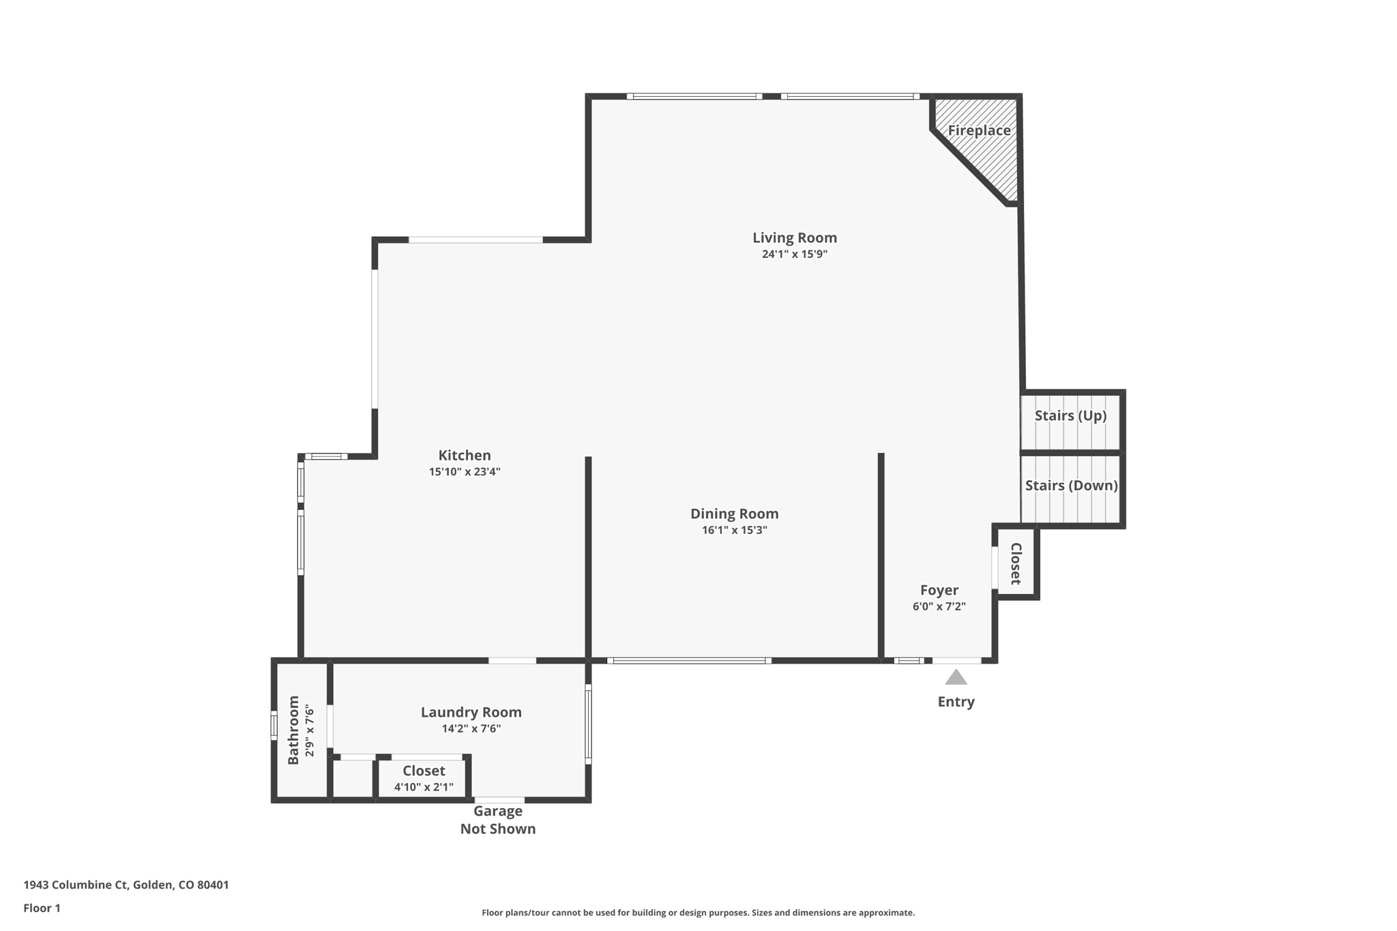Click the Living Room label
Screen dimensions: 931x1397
[794, 237]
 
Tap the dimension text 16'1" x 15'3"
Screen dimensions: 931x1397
[734, 530]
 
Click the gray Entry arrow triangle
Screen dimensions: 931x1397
[956, 677]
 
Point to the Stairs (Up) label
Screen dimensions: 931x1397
[1070, 415]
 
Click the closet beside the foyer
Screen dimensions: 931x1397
[1016, 563]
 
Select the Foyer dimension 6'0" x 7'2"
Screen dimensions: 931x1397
[939, 606]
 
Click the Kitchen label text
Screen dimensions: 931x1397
[464, 455]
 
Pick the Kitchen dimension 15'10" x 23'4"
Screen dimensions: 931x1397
[464, 471]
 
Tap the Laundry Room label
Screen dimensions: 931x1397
[471, 712]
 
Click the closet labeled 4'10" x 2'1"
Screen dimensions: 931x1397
[423, 778]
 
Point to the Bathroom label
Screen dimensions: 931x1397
[293, 730]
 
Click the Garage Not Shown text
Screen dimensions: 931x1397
[498, 820]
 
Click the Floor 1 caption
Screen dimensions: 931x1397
[42, 908]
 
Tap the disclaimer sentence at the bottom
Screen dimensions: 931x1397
[698, 913]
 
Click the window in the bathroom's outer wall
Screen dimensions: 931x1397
[274, 725]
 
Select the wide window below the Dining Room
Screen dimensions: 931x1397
[689, 660]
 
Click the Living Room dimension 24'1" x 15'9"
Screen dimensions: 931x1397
[794, 254]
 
